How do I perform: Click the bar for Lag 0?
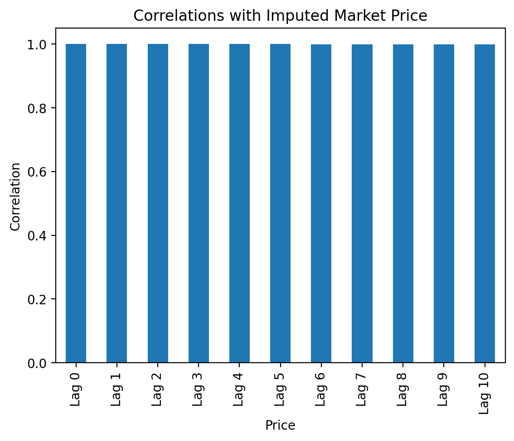click(76, 204)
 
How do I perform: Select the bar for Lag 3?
click(199, 204)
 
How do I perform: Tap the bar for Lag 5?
click(280, 204)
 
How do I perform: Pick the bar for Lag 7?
click(362, 204)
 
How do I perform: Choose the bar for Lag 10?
click(485, 204)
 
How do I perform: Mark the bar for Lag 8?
click(403, 204)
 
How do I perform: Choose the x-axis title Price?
click(280, 426)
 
